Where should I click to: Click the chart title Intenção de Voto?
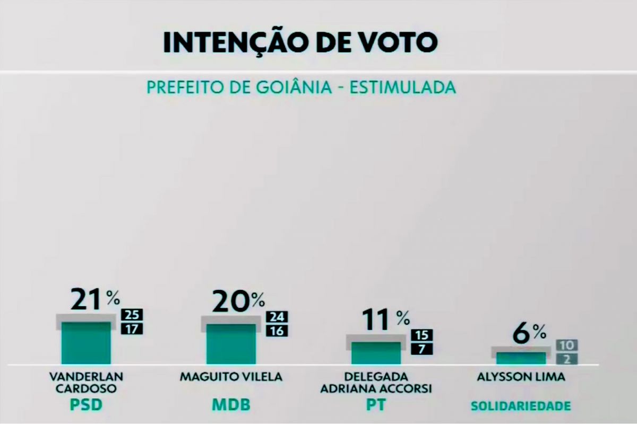coord(300,42)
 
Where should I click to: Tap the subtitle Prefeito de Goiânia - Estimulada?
coord(301,87)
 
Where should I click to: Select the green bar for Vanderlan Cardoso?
coord(86,343)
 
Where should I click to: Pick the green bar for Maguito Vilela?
coord(230,344)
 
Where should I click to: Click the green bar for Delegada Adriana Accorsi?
coord(376,353)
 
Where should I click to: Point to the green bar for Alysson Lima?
coord(521,358)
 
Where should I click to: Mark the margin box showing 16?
coord(276,331)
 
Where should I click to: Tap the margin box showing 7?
coord(422,349)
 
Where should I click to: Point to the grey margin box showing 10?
coord(566,346)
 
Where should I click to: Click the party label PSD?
coord(86,406)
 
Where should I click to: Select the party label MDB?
coord(231,406)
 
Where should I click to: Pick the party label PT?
coord(375,406)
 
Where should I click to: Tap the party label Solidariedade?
coord(521,407)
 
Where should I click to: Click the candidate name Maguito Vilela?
coord(231,377)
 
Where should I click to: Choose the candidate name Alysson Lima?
coord(521,377)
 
